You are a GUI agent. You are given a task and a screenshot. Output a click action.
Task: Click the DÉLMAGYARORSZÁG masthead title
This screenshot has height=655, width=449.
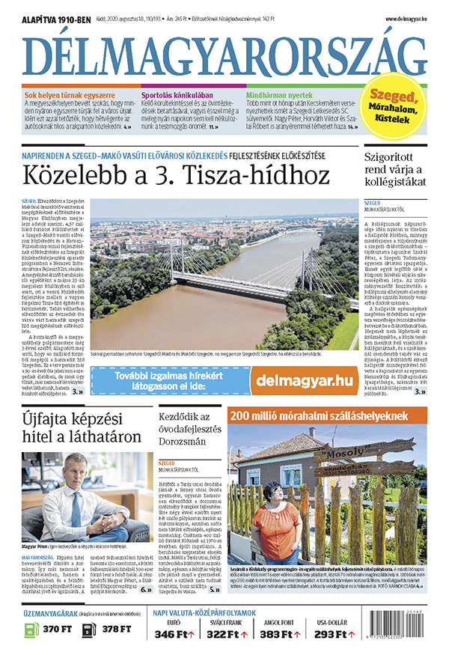(x=224, y=53)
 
